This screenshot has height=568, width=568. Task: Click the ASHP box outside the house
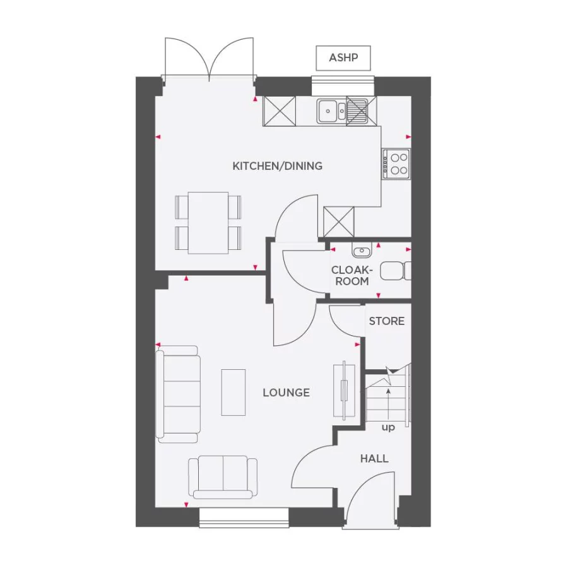[x=343, y=58]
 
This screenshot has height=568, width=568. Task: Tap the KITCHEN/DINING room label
[x=277, y=167]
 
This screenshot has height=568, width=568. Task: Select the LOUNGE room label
[x=286, y=393]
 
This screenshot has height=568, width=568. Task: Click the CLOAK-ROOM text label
[x=352, y=275]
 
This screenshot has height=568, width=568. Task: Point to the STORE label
[x=386, y=321]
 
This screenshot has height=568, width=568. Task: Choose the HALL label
[x=374, y=459]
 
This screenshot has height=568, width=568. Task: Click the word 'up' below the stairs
[x=388, y=428]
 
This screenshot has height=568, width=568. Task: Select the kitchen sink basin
[x=328, y=111]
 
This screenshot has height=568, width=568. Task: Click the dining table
[x=208, y=222]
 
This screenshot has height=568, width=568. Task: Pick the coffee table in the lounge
[x=233, y=392]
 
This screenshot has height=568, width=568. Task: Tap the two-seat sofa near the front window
[x=223, y=477]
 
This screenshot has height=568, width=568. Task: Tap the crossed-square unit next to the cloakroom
[x=339, y=222]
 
